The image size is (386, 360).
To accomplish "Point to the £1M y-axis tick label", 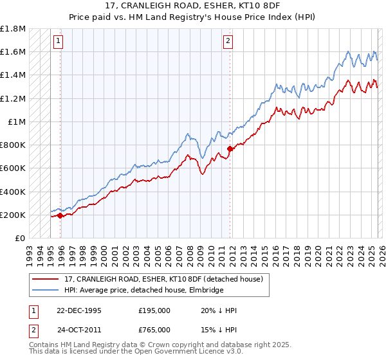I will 16,122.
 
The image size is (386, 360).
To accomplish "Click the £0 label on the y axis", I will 19,238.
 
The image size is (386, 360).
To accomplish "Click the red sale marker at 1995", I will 60,215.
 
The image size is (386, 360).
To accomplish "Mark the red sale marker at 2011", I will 230,149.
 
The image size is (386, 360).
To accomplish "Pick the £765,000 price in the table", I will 154,330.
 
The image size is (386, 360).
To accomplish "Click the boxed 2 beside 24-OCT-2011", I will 32,330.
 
